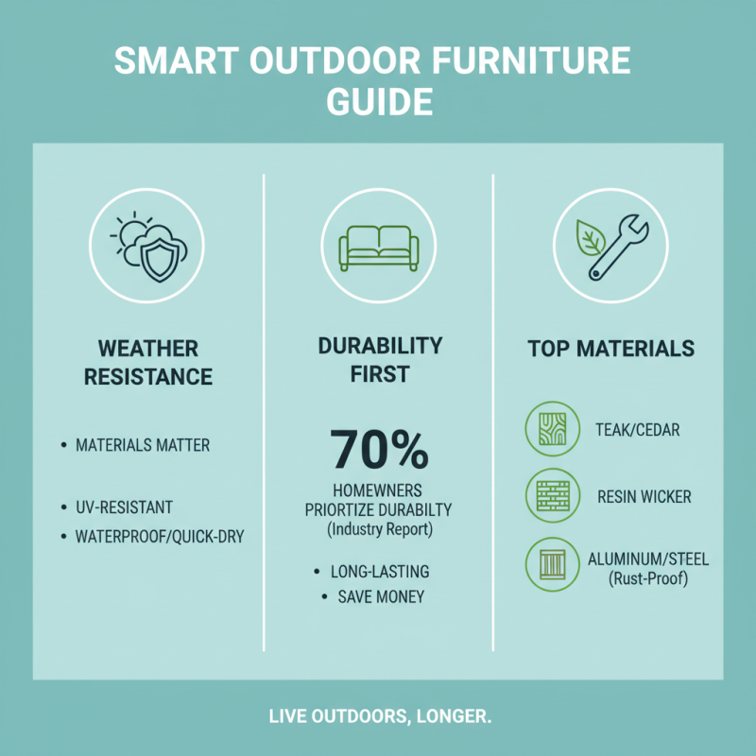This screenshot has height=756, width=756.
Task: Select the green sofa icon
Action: point(379,247)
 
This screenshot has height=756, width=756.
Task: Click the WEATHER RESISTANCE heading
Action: point(147,362)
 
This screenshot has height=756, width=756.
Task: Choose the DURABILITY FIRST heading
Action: point(378,360)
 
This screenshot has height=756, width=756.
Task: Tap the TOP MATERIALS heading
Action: point(610,349)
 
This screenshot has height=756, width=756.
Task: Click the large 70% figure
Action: point(378,450)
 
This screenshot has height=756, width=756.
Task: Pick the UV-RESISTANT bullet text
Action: point(124,507)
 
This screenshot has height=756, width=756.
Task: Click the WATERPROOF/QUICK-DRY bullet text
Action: point(159,537)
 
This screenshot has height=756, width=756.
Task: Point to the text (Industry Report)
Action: point(378,530)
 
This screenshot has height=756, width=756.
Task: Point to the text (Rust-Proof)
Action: point(647,577)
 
